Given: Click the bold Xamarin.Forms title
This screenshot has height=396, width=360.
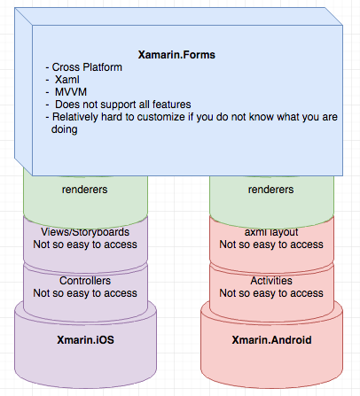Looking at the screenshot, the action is pos(176,55).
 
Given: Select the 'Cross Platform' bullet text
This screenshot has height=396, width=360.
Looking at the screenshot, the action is pos(87,67).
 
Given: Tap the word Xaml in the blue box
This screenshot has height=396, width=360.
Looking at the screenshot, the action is pos(67,80).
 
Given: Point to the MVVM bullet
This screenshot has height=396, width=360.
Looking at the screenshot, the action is pos(71,92).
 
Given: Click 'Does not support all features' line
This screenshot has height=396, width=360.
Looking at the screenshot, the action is pos(123,105).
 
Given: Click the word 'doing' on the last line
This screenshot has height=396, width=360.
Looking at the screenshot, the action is pos(65,129).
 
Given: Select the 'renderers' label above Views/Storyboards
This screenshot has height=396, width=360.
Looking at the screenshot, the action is pos(84,190).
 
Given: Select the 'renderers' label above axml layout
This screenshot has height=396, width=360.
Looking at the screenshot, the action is pos(270,190).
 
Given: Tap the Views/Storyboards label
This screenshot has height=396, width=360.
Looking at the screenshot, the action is pos(85,232).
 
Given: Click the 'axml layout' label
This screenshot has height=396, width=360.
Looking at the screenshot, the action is pos(271,232).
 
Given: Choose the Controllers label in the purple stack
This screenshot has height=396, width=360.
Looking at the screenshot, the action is pos(85,281).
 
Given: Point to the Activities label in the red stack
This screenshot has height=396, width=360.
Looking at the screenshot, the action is pos(271,281).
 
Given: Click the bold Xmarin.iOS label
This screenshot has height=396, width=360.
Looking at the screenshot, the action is pos(85,340).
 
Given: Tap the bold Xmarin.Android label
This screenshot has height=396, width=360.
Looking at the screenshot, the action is pos(271,340).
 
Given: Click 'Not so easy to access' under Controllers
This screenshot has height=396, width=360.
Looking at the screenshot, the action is pos(85,293).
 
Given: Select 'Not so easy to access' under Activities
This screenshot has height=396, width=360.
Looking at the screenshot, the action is pos(271,293).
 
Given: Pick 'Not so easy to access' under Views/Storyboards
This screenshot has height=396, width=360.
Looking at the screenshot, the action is pos(85,245).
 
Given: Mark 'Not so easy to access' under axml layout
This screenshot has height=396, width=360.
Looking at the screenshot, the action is pos(271,245).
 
